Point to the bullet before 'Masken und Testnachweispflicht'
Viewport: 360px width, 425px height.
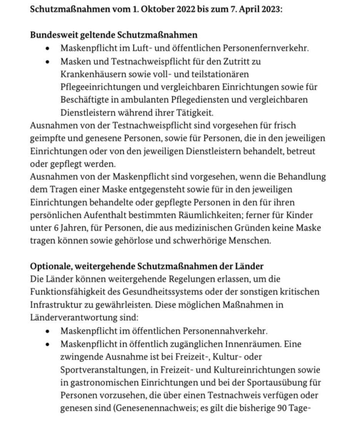click(47, 62)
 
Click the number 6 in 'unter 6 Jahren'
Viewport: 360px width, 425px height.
click(55, 228)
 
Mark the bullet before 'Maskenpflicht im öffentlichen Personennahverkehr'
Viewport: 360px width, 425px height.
click(47, 331)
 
